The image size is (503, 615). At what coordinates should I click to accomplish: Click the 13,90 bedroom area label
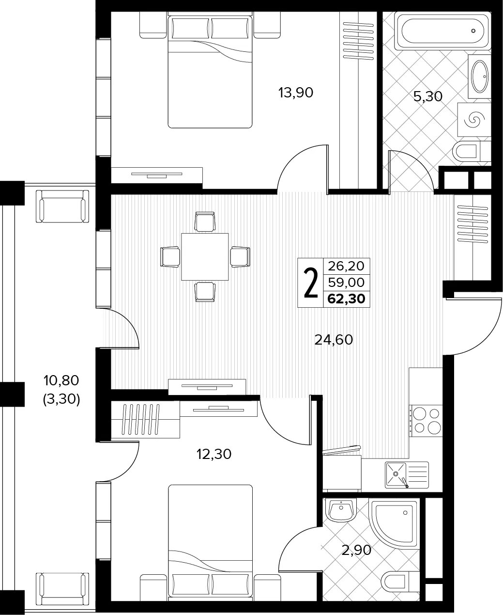296,93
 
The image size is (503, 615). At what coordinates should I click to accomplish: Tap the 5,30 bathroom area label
428,96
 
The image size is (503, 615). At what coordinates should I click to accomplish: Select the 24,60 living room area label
334,340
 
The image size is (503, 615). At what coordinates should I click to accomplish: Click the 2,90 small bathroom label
356,550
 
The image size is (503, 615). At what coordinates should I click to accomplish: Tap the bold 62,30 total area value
346,299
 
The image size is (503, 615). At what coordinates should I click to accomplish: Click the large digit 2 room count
310,283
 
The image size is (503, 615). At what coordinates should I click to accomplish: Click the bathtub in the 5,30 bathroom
442,31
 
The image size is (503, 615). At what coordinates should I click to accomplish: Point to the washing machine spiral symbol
474,120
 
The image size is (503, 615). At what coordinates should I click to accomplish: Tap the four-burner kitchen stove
427,421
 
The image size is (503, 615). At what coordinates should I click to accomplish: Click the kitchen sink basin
396,474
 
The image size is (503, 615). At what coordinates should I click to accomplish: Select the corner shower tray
395,522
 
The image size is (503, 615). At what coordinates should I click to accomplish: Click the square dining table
205,257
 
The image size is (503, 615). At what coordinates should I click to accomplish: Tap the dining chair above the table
205,221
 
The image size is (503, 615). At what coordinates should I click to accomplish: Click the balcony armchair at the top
62,206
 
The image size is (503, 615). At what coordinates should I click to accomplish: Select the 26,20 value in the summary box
346,266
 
